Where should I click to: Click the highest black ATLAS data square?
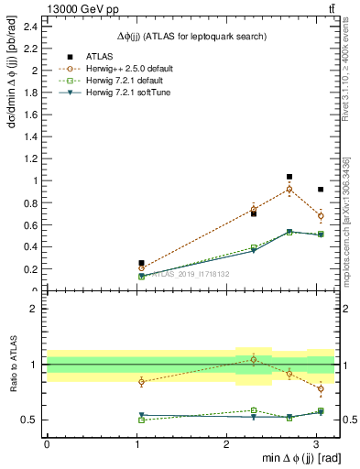point(289,177)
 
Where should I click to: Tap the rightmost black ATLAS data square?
point(320,190)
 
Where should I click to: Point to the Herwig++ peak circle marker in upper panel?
point(289,190)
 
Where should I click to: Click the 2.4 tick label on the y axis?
point(32,26)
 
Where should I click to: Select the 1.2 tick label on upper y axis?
point(32,158)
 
